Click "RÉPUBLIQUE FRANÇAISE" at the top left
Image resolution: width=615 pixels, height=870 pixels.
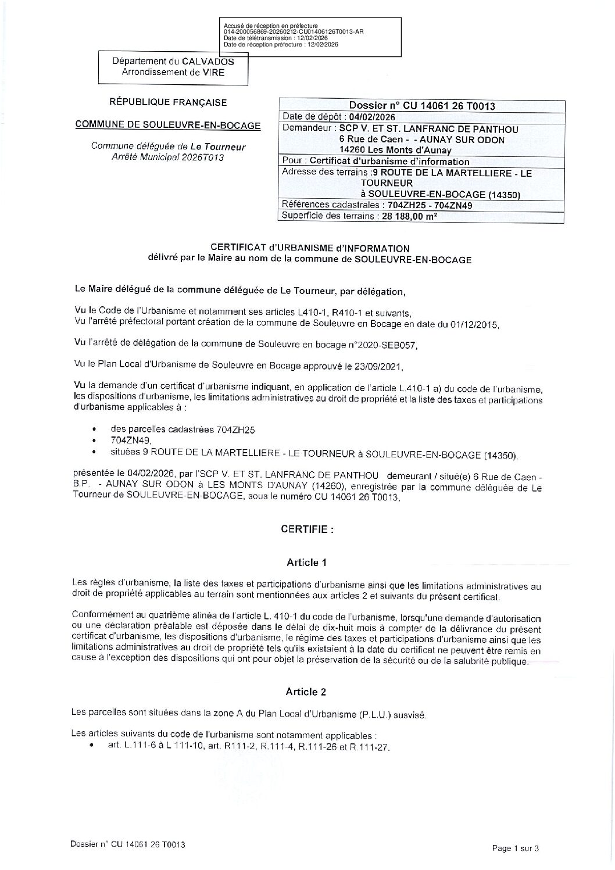coord(168,102)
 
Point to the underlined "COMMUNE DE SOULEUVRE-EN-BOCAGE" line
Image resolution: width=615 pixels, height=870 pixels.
coord(168,125)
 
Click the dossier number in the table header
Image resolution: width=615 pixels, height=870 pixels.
coord(422,106)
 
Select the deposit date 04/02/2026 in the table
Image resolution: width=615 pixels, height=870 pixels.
coord(368,117)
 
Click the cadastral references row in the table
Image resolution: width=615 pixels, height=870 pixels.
coord(377,205)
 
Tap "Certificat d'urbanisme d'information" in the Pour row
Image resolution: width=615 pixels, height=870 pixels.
coord(389,161)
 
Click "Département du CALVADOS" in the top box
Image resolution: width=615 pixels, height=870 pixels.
coord(173,62)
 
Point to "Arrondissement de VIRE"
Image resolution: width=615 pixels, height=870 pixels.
coord(173,73)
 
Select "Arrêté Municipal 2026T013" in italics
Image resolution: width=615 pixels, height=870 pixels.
coord(167,157)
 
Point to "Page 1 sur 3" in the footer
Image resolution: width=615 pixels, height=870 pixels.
coord(516,848)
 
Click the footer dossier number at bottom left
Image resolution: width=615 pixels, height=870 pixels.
coord(127,844)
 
